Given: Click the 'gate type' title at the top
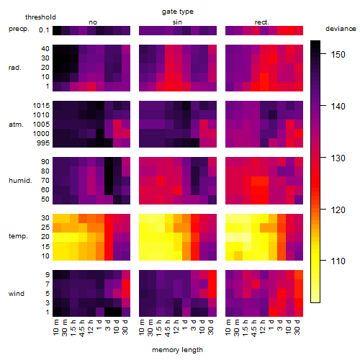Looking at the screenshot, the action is (178, 12).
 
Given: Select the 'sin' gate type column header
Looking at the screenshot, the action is (177, 22).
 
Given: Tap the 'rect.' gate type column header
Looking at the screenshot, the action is (261, 22).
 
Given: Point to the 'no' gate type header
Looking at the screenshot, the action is (93, 22).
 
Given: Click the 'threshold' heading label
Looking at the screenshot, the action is (40, 17).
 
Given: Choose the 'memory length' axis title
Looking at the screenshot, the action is (177, 350).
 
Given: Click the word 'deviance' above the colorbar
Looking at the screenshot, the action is (341, 29).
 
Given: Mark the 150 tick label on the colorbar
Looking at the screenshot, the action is (338, 55).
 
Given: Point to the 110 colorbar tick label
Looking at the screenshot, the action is (338, 261).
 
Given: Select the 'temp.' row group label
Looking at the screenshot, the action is (18, 236).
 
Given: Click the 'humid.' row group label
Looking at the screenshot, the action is (20, 180).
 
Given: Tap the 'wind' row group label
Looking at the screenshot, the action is (17, 294).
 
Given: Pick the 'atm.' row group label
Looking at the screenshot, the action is (16, 125).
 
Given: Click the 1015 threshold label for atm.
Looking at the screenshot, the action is (41, 106).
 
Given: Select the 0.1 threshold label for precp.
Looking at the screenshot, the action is (44, 30).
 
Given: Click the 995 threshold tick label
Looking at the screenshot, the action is (43, 143).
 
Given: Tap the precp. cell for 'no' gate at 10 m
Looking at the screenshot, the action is (57, 30).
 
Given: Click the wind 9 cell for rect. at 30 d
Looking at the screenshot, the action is (299, 275).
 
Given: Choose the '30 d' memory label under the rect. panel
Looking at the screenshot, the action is (297, 327).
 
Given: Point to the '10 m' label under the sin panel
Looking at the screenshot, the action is (142, 328).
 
